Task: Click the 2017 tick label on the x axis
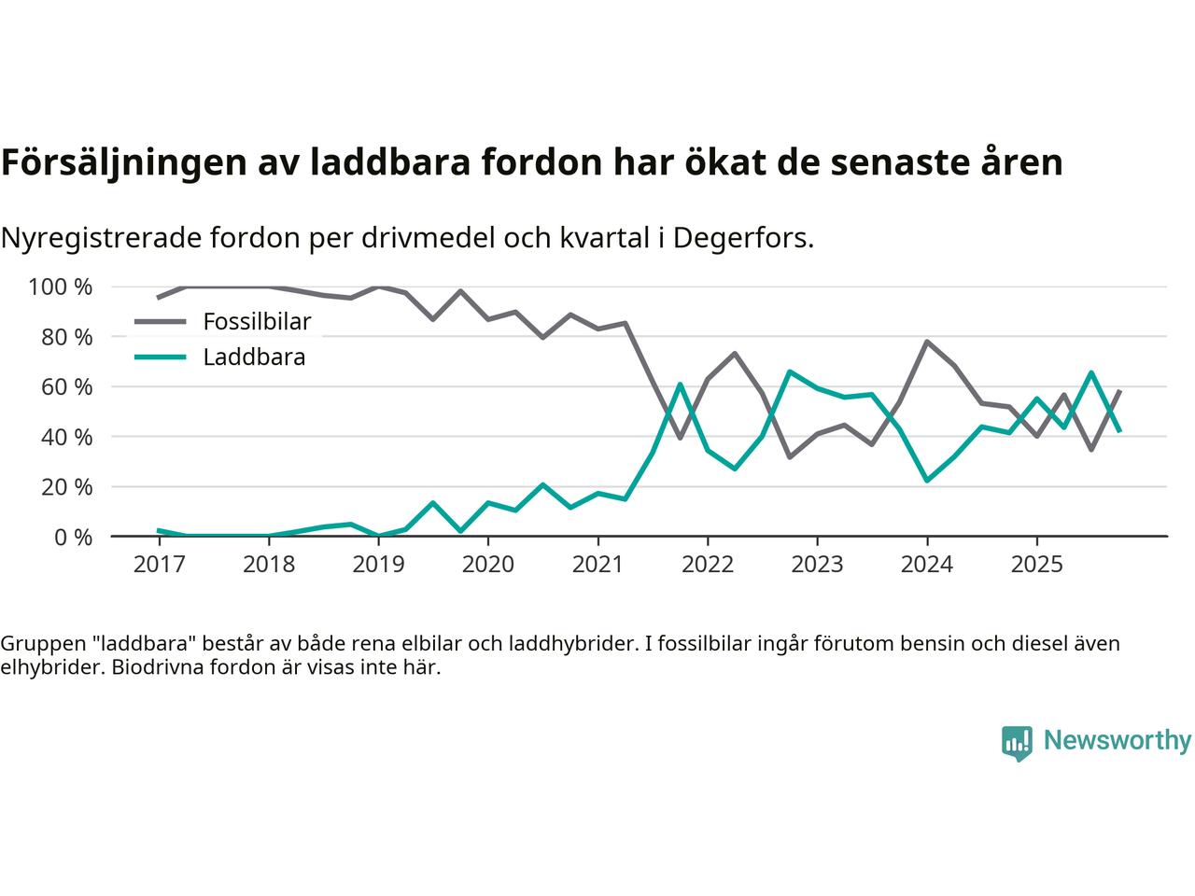[159, 565]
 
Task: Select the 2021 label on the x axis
[597, 565]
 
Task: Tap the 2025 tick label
[1036, 565]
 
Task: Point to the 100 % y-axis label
[61, 287]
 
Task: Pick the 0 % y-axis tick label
[73, 537]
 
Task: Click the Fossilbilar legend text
[257, 322]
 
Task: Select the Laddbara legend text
[254, 357]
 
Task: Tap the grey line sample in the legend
[161, 322]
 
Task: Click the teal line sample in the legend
[161, 357]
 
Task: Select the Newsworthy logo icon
[1017, 743]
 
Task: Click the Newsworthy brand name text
[1118, 741]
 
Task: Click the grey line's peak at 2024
[927, 342]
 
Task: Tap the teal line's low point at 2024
[927, 480]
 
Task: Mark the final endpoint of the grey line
[1119, 391]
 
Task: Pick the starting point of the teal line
[159, 530]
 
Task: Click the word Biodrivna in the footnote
[135, 667]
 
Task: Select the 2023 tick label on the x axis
[817, 565]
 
